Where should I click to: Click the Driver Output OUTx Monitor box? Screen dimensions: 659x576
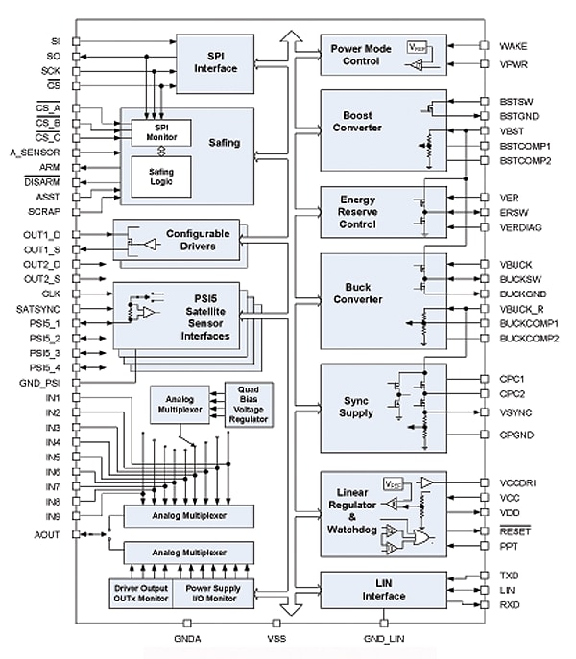[141, 594]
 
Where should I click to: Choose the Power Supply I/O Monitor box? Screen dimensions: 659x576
[214, 594]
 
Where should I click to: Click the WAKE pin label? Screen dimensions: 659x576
[513, 45]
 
